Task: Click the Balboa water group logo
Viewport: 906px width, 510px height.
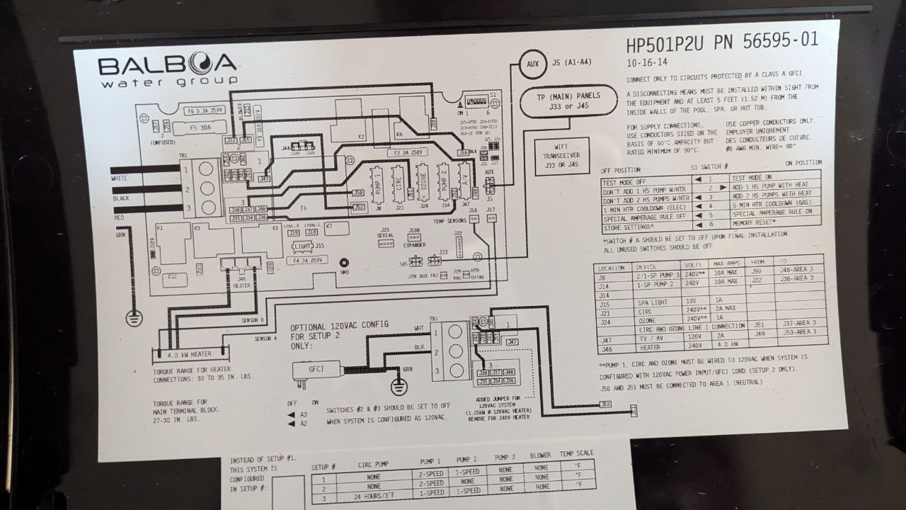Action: (x=167, y=71)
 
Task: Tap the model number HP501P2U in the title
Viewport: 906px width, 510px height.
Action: (x=665, y=44)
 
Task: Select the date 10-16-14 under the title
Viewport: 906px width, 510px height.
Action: (x=646, y=62)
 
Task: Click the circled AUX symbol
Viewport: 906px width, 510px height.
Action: (x=532, y=64)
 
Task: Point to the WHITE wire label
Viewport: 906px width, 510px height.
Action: (x=120, y=178)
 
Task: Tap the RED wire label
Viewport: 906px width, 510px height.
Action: (x=119, y=218)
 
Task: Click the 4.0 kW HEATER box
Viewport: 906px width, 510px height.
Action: (x=190, y=354)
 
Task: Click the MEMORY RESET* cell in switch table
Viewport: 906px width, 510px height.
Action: (x=755, y=222)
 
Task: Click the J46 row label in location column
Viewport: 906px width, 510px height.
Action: (x=607, y=348)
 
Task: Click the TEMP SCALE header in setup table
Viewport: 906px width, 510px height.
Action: (x=576, y=454)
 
